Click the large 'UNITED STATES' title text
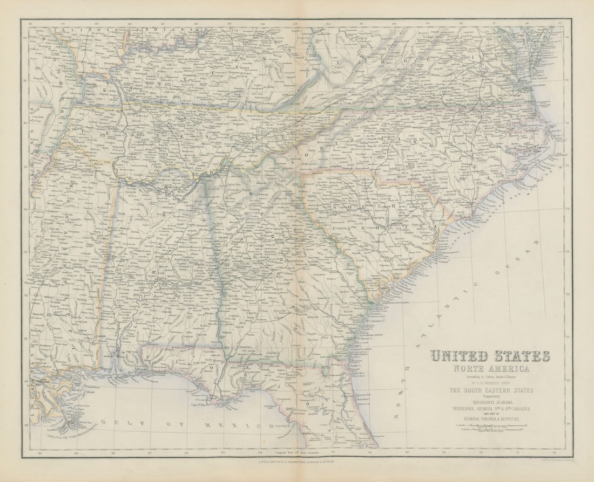[x=490, y=356]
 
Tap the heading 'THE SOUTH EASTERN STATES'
[x=490, y=390]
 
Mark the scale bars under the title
[x=490, y=427]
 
